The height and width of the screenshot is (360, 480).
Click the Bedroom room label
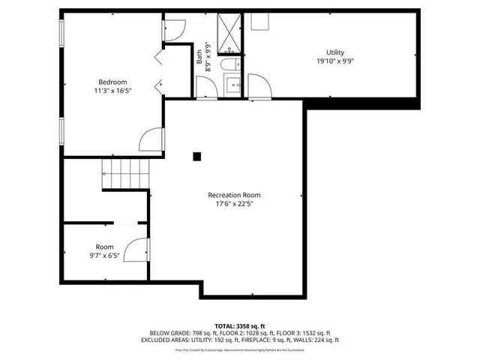[x=112, y=82]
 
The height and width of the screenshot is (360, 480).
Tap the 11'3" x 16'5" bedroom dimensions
[x=112, y=90]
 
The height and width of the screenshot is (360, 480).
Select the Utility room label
[x=334, y=52]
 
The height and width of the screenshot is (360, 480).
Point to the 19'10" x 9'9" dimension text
[x=334, y=61]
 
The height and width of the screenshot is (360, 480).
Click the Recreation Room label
[x=234, y=194]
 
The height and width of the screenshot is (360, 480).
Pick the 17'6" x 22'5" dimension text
[x=234, y=203]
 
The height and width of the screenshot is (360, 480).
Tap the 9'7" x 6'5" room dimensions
[x=104, y=256]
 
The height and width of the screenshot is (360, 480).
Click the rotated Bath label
[x=199, y=55]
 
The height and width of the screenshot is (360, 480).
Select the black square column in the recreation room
[x=197, y=156]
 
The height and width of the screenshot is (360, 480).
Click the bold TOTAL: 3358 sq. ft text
[x=240, y=326]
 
